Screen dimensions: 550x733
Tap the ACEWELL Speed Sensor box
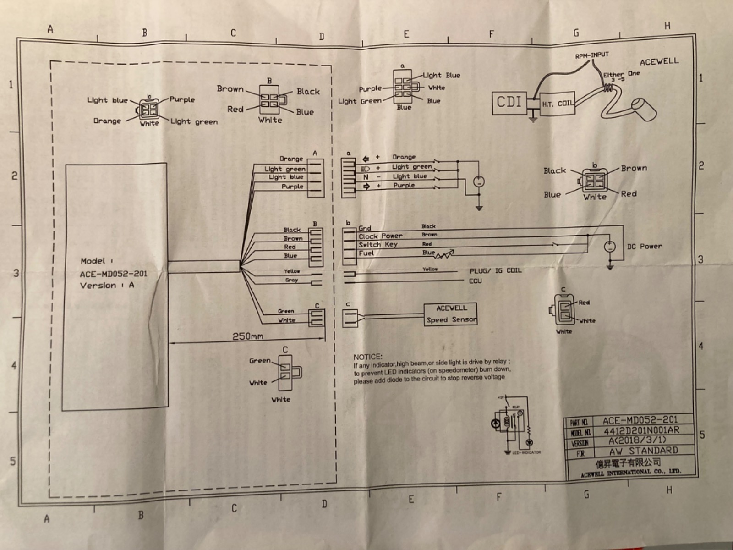click(451, 314)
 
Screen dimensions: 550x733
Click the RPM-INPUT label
click(592, 55)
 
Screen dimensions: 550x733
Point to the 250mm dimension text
click(248, 336)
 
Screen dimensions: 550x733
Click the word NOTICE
click(367, 357)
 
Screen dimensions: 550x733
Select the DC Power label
click(645, 247)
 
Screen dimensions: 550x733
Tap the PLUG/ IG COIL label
click(495, 270)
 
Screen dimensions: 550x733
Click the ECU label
click(476, 280)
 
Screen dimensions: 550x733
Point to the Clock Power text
click(380, 236)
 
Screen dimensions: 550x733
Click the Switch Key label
click(378, 244)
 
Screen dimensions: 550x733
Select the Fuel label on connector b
click(366, 253)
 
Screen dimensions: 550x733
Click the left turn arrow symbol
click(366, 159)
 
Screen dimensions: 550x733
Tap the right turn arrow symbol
click(366, 186)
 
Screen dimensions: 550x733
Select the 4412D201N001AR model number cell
click(640, 431)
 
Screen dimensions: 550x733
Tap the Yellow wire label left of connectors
click(291, 271)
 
